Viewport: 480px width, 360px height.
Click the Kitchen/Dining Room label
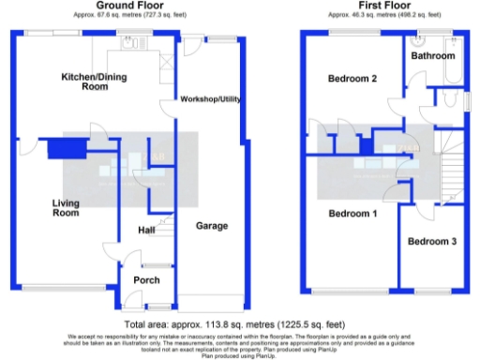point(92,81)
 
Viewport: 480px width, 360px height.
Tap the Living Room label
point(65,208)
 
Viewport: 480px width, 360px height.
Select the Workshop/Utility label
point(212,99)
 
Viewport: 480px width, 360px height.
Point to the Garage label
point(211,226)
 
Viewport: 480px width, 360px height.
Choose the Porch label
point(145,279)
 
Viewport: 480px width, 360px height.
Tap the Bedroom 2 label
point(352,79)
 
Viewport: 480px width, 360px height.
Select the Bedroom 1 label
point(352,214)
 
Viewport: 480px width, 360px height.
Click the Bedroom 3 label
point(431,242)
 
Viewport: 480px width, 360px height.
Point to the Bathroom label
point(434,56)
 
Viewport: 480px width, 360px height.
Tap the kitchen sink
point(129,43)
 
